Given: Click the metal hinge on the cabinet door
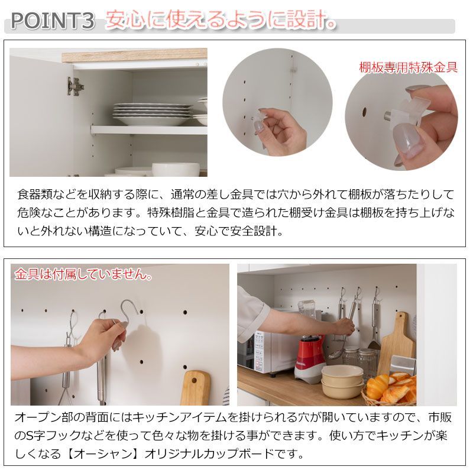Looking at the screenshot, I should click(x=75, y=86).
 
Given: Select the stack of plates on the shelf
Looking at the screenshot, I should click(x=153, y=114).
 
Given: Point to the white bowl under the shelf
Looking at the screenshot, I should click(x=175, y=170).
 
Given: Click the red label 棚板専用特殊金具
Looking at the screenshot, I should click(x=408, y=67).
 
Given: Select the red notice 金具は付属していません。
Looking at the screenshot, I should click(x=83, y=275).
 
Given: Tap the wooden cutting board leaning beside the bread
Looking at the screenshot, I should click(x=396, y=343).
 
